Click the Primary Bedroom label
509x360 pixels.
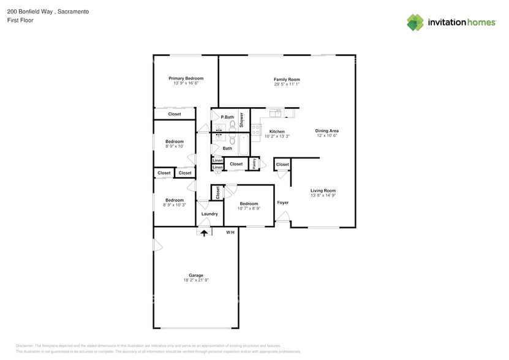click(x=186, y=78)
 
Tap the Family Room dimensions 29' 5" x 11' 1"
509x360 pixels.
click(x=287, y=84)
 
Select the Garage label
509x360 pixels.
click(x=195, y=275)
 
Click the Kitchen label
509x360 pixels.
click(x=277, y=132)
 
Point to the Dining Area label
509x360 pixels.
click(x=327, y=130)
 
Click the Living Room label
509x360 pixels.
click(x=323, y=190)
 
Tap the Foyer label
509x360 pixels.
click(x=282, y=203)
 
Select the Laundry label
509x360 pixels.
click(x=209, y=214)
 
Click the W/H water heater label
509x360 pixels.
click(x=230, y=233)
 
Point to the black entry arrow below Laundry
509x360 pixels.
click(x=204, y=233)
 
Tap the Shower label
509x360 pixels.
click(x=241, y=119)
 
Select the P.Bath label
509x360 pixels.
click(x=227, y=117)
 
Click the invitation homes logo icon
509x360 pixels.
click(x=415, y=22)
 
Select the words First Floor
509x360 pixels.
click(x=20, y=20)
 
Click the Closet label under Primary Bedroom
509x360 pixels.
click(x=175, y=114)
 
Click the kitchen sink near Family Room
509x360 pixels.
click(x=276, y=113)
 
